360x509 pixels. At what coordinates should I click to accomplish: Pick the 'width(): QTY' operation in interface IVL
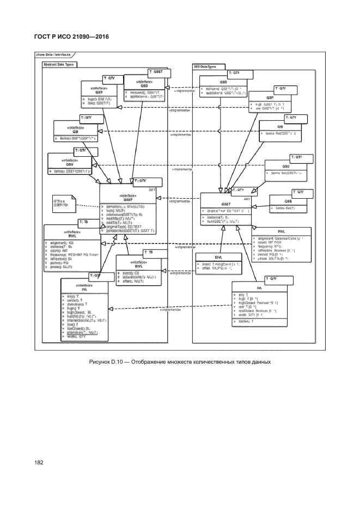[75, 338]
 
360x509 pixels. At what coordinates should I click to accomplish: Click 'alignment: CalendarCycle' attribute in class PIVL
[280, 238]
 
